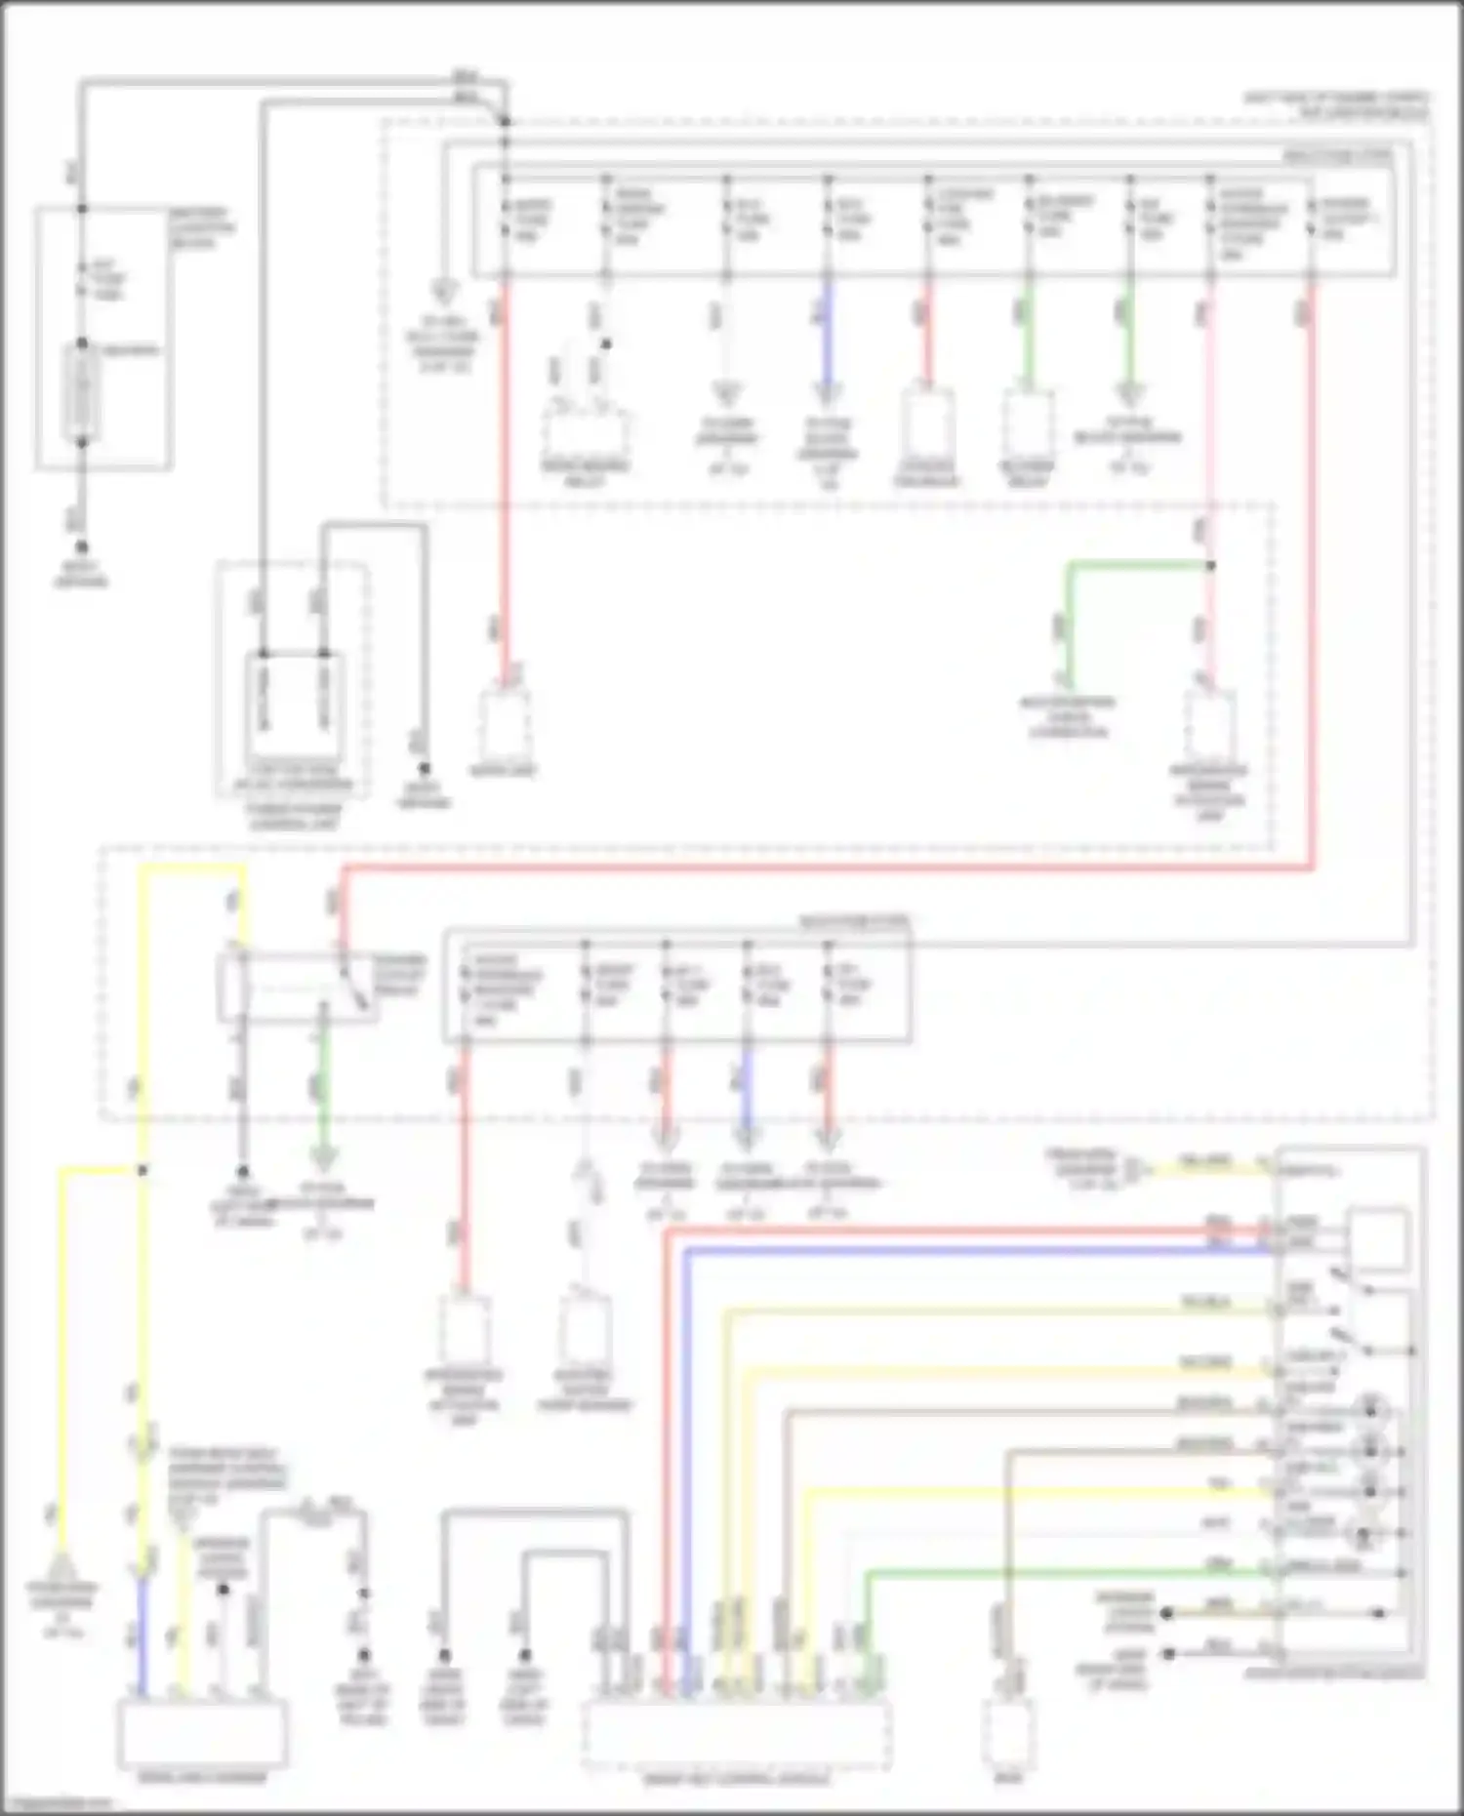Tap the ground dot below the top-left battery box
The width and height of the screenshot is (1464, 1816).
[82, 548]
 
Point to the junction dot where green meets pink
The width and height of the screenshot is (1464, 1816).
[1210, 565]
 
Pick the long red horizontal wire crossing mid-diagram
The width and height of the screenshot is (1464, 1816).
[830, 868]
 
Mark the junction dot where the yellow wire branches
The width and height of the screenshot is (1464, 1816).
[142, 1170]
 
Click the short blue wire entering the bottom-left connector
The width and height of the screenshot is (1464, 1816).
[142, 1639]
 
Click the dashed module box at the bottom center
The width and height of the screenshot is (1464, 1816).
[737, 1734]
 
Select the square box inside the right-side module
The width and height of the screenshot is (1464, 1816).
[1377, 1239]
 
